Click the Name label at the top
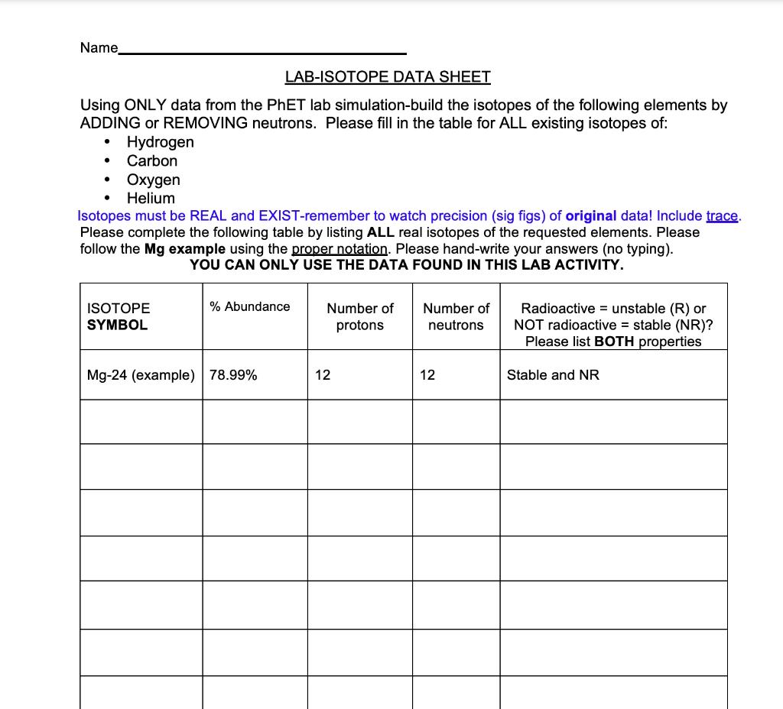point(99,48)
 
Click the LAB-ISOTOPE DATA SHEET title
point(388,76)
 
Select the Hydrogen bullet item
point(160,142)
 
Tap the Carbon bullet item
point(151,161)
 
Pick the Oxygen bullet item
point(153,180)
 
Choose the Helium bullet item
point(151,198)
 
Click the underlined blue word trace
point(722,215)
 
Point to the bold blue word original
point(590,215)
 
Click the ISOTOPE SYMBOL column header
point(119,316)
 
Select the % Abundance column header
point(250,306)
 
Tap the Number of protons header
point(360,316)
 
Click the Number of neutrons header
point(456,316)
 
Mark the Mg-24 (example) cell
point(141,375)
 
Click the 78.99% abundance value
point(233,375)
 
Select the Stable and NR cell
point(553,375)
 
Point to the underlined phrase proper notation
point(341,249)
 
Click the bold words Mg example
point(184,249)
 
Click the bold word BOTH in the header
point(615,342)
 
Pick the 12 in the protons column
point(323,375)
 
